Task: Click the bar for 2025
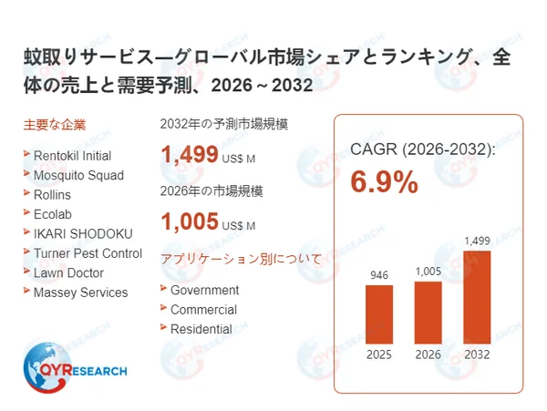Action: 379,314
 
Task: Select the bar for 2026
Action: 428,312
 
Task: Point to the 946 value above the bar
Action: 379,274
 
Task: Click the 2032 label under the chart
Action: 477,355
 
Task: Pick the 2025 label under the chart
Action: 379,355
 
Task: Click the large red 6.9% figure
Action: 385,182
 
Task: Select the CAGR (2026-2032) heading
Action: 423,149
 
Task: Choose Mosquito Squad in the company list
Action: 78,175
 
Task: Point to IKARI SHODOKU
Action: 83,234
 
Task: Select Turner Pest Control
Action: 88,253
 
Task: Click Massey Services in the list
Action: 80,293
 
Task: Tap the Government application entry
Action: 205,290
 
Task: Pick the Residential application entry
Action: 201,329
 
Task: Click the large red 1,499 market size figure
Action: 189,155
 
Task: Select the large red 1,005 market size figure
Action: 189,221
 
